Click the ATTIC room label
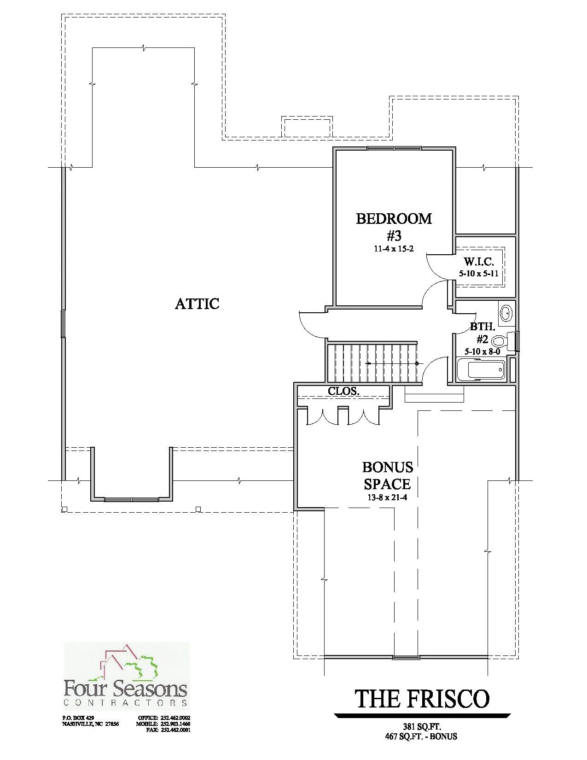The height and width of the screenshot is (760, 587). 197,304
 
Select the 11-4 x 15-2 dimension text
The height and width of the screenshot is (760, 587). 394,249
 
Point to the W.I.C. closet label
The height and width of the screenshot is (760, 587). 479,262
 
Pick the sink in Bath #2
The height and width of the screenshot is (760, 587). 506,313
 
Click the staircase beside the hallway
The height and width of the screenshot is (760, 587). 372,363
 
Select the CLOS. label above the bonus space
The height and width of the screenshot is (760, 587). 343,391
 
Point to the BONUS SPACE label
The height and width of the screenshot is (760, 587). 387,476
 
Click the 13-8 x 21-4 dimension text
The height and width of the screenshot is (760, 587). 387,497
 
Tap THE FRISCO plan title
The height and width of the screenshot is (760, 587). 422,698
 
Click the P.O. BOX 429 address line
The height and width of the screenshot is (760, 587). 78,718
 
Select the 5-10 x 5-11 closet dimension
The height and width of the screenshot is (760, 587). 479,274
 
